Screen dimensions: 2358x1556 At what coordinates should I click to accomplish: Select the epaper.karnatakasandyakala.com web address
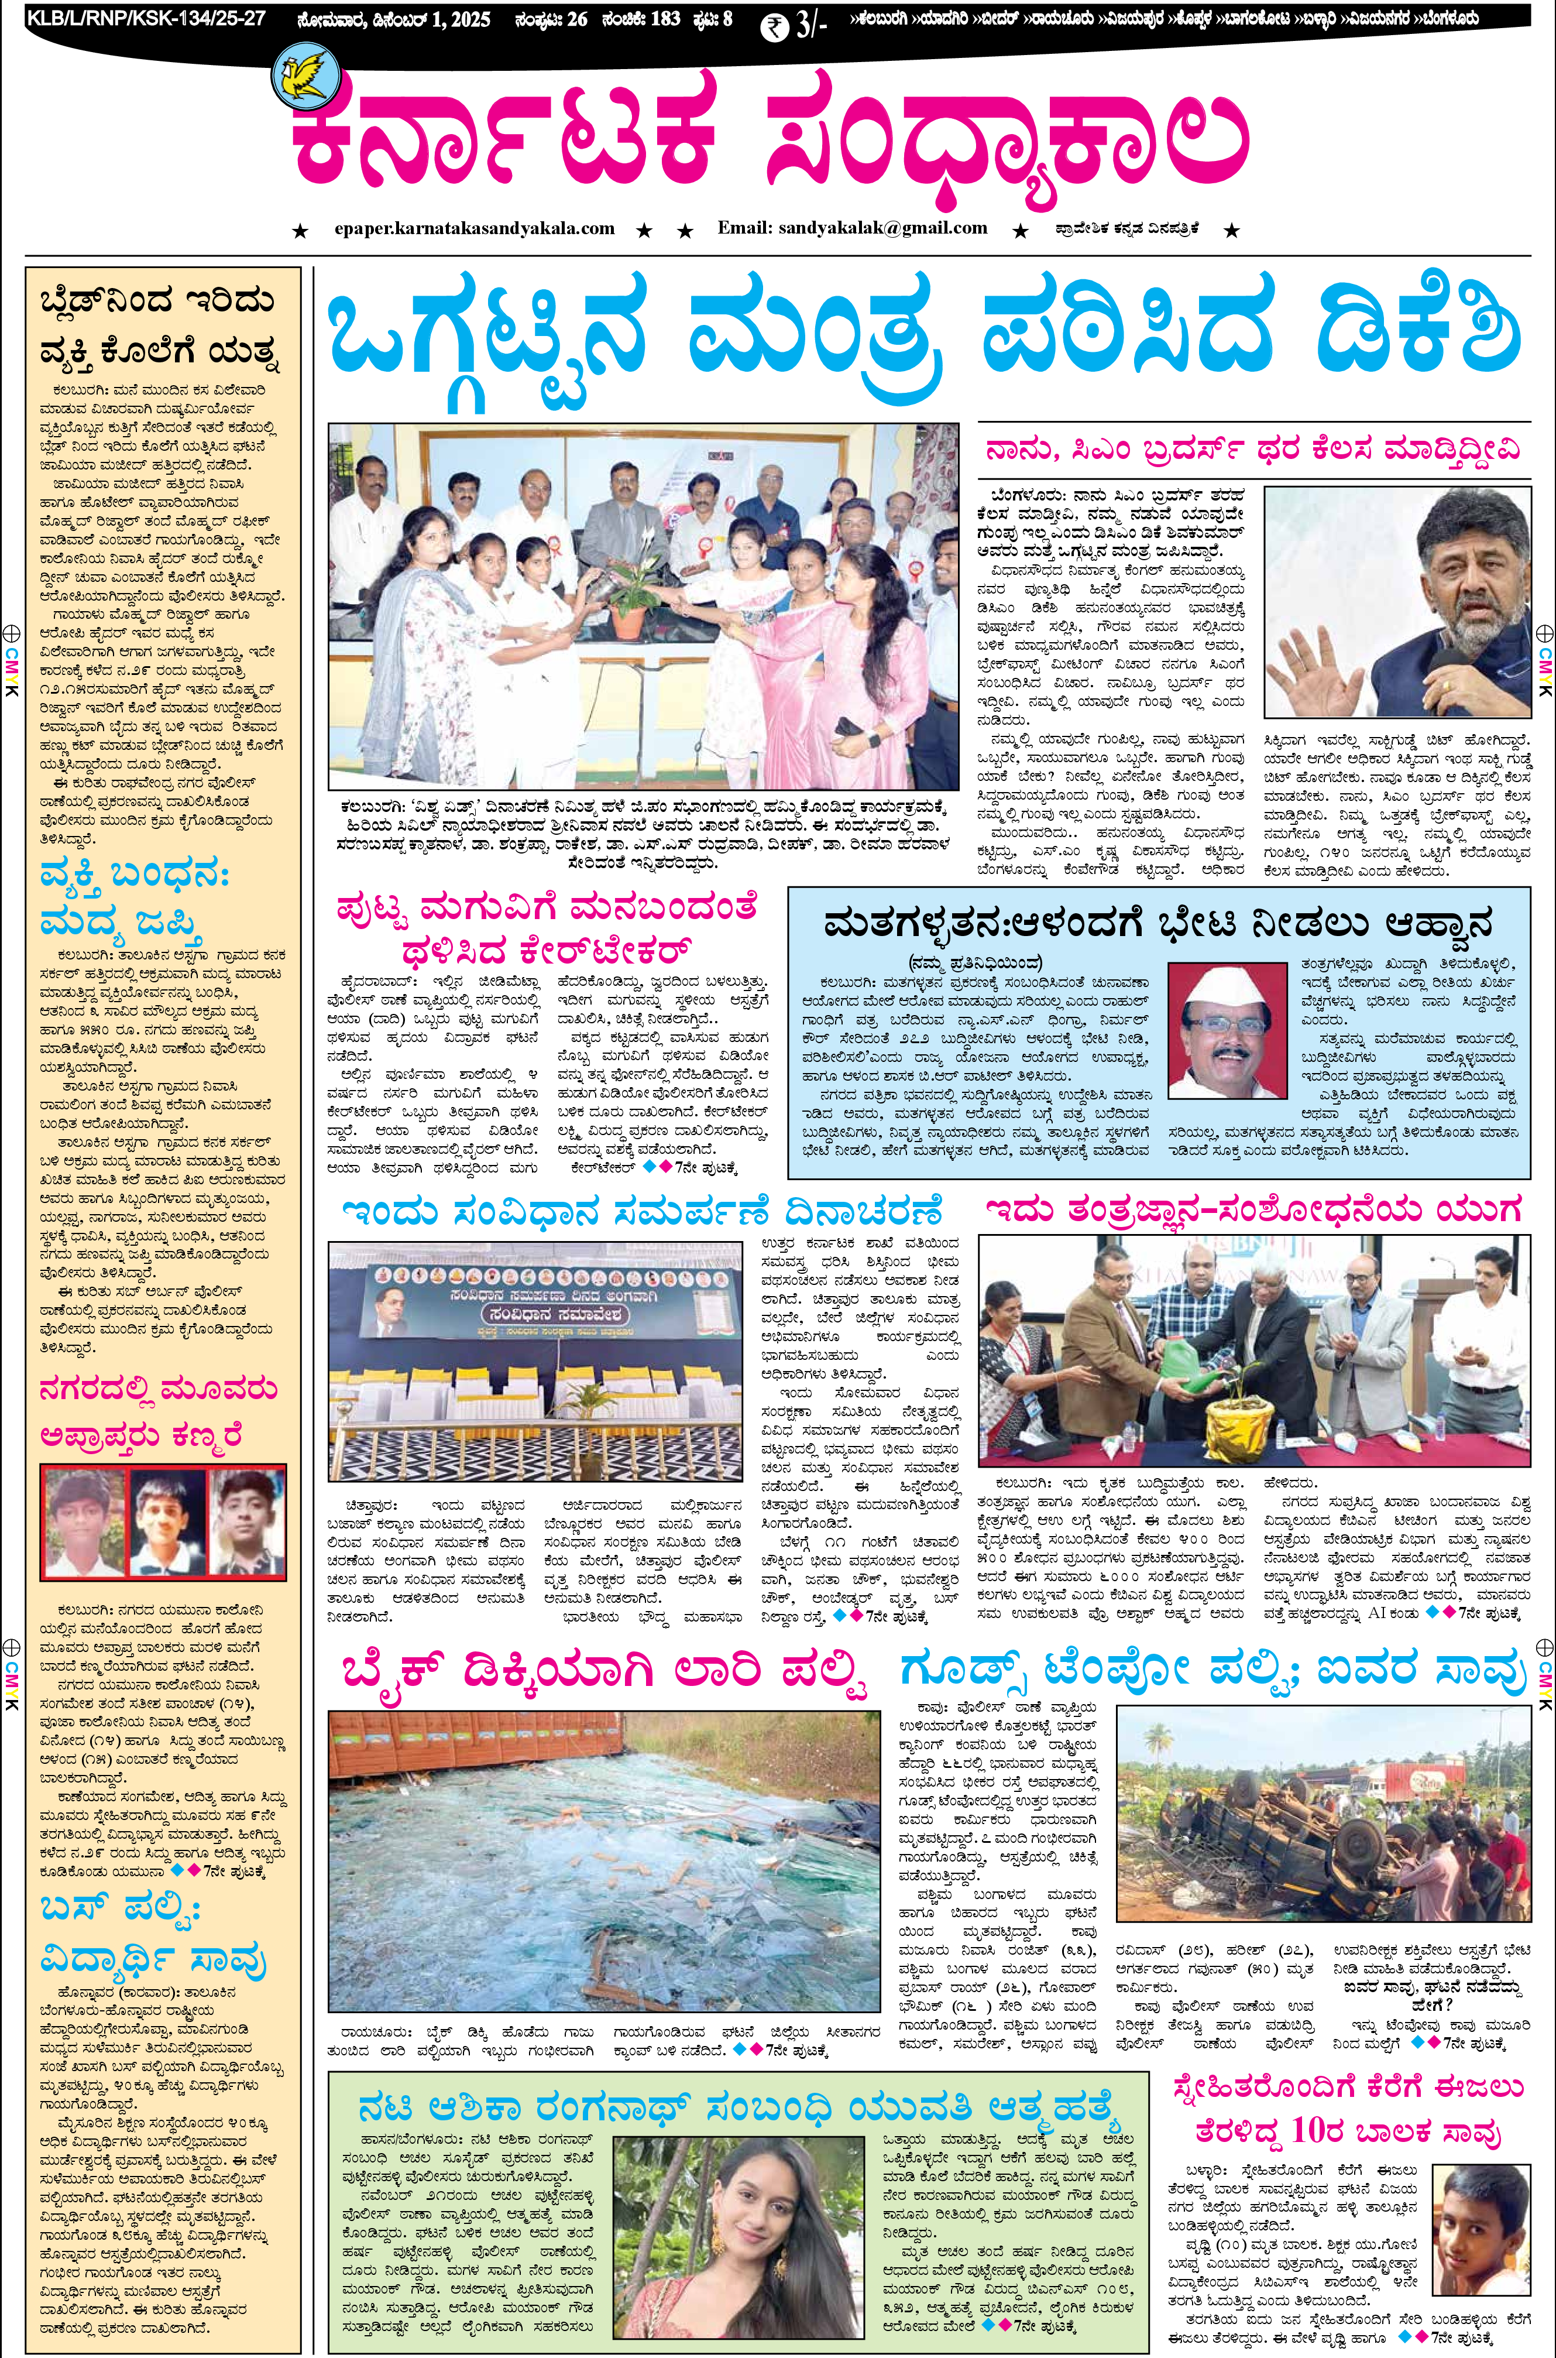(x=475, y=228)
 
